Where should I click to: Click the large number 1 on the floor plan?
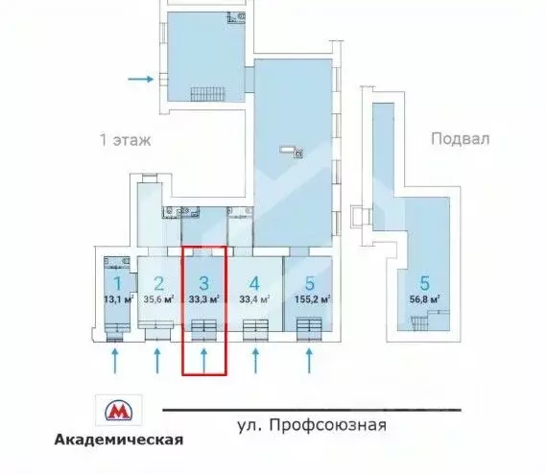pos(116,283)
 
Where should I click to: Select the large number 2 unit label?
pos(159,283)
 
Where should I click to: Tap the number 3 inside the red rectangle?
pos(203,283)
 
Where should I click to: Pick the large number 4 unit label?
pos(253,283)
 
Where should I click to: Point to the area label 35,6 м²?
pos(159,298)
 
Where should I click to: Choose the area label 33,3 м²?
pos(203,298)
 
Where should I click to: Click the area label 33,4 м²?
pos(253,298)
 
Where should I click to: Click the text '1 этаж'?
pos(126,139)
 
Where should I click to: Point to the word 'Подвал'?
pos(461,138)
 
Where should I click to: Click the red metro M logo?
pos(117,412)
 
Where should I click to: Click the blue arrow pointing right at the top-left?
pos(140,79)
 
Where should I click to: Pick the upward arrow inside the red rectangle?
pos(203,360)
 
